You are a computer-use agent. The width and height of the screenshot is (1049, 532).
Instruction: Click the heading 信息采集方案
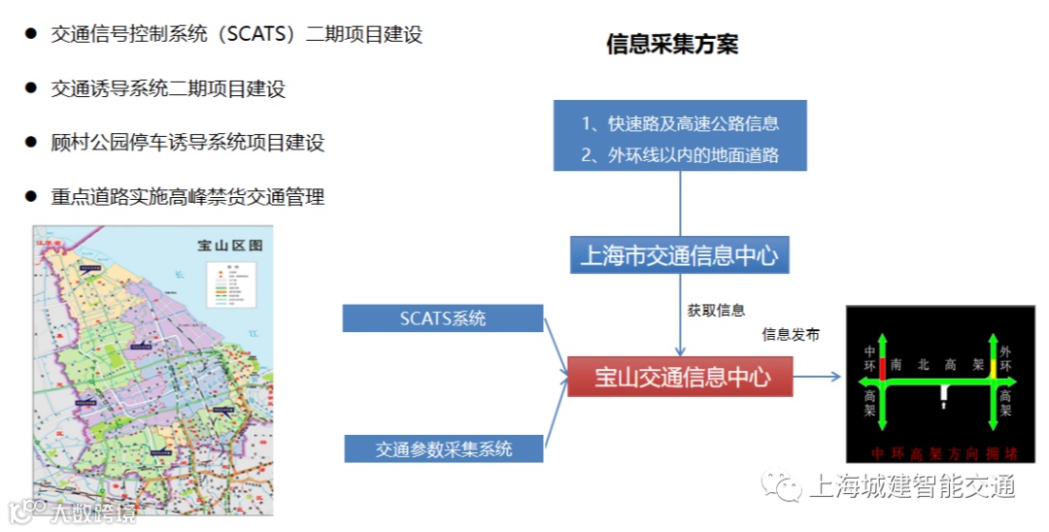(x=671, y=45)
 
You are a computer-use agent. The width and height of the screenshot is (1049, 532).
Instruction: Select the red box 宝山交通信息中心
(x=680, y=377)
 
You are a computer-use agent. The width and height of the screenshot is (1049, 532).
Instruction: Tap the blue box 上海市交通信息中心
(x=679, y=256)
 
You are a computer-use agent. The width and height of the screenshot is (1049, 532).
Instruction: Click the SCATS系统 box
(x=443, y=318)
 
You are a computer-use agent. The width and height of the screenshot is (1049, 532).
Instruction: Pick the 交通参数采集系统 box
(x=444, y=449)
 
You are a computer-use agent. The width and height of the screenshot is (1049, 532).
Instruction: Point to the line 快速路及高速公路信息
(x=680, y=124)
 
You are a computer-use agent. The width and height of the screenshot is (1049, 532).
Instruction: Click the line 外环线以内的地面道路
(x=680, y=154)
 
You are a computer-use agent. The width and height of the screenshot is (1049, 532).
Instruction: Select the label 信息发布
(x=791, y=335)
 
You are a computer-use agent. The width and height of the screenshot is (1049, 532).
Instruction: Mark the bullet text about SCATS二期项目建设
(x=237, y=35)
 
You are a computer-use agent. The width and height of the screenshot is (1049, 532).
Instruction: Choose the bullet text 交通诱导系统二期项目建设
(x=168, y=89)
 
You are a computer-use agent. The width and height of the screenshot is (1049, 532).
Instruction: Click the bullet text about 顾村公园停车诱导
(x=187, y=143)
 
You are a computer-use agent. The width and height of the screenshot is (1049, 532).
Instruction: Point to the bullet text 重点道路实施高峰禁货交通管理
(x=187, y=197)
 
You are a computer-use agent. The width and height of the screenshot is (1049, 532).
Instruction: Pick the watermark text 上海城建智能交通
(x=911, y=485)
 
